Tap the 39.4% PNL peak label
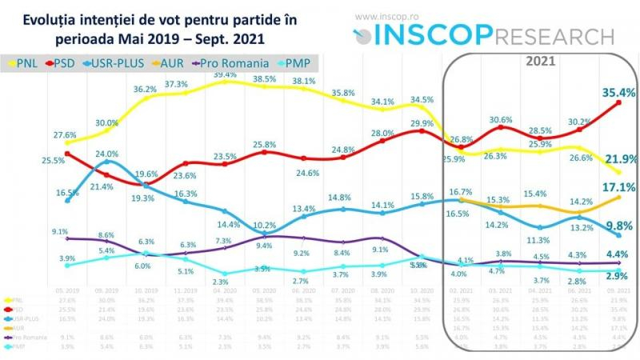pyautogui.click(x=226, y=74)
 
